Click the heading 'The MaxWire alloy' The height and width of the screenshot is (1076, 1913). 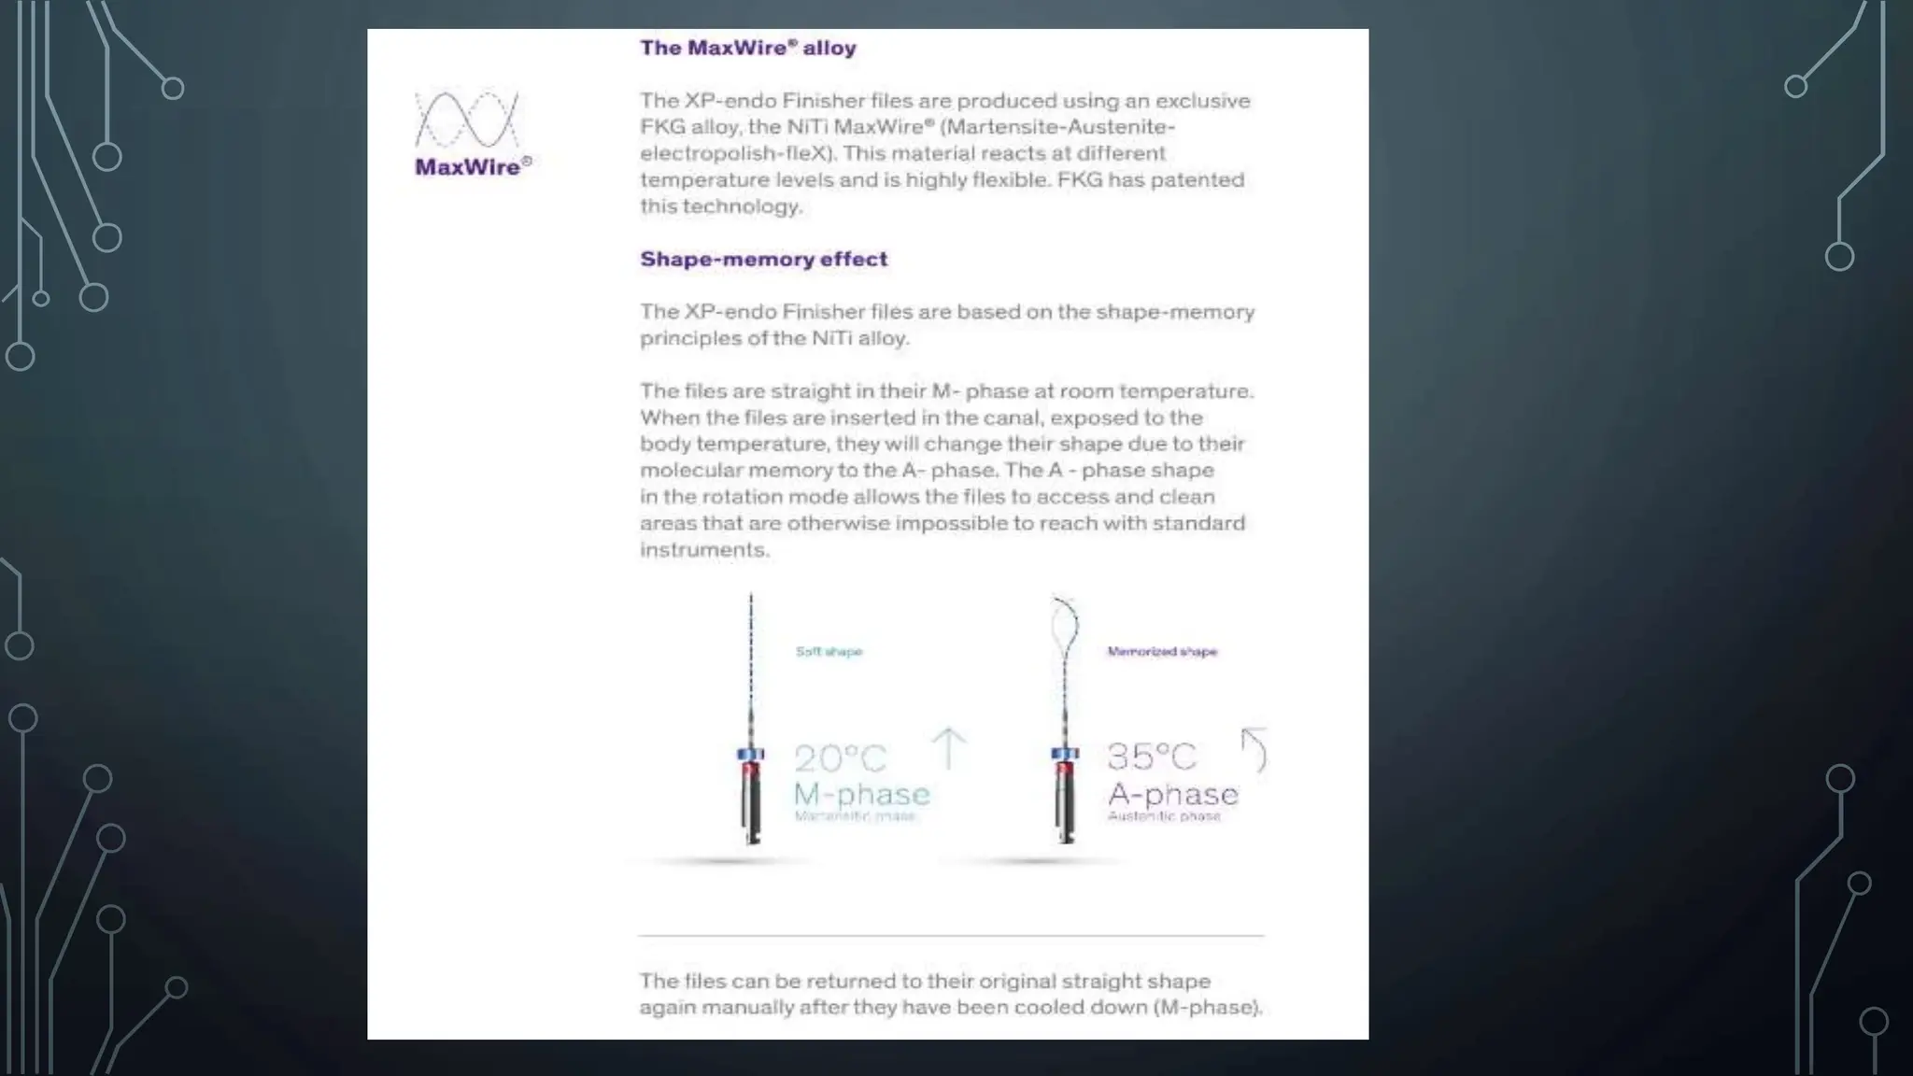click(747, 48)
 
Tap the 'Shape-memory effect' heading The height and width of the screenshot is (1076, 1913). click(763, 259)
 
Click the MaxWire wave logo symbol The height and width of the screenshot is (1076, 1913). click(466, 119)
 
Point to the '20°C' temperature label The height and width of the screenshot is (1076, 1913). click(840, 757)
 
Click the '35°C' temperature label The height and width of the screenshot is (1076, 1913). click(1151, 757)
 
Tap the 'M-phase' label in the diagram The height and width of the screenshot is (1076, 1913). click(861, 795)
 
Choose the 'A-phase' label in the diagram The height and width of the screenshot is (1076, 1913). click(1172, 795)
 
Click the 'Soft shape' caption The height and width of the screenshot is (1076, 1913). click(829, 651)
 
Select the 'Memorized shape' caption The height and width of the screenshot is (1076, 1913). click(1162, 651)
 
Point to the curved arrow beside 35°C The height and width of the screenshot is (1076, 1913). click(1254, 750)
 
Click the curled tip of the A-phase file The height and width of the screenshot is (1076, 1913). click(1065, 623)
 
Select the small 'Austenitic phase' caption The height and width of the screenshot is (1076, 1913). click(1164, 816)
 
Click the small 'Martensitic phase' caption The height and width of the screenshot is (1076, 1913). click(855, 816)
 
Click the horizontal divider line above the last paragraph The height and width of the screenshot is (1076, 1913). click(951, 934)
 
